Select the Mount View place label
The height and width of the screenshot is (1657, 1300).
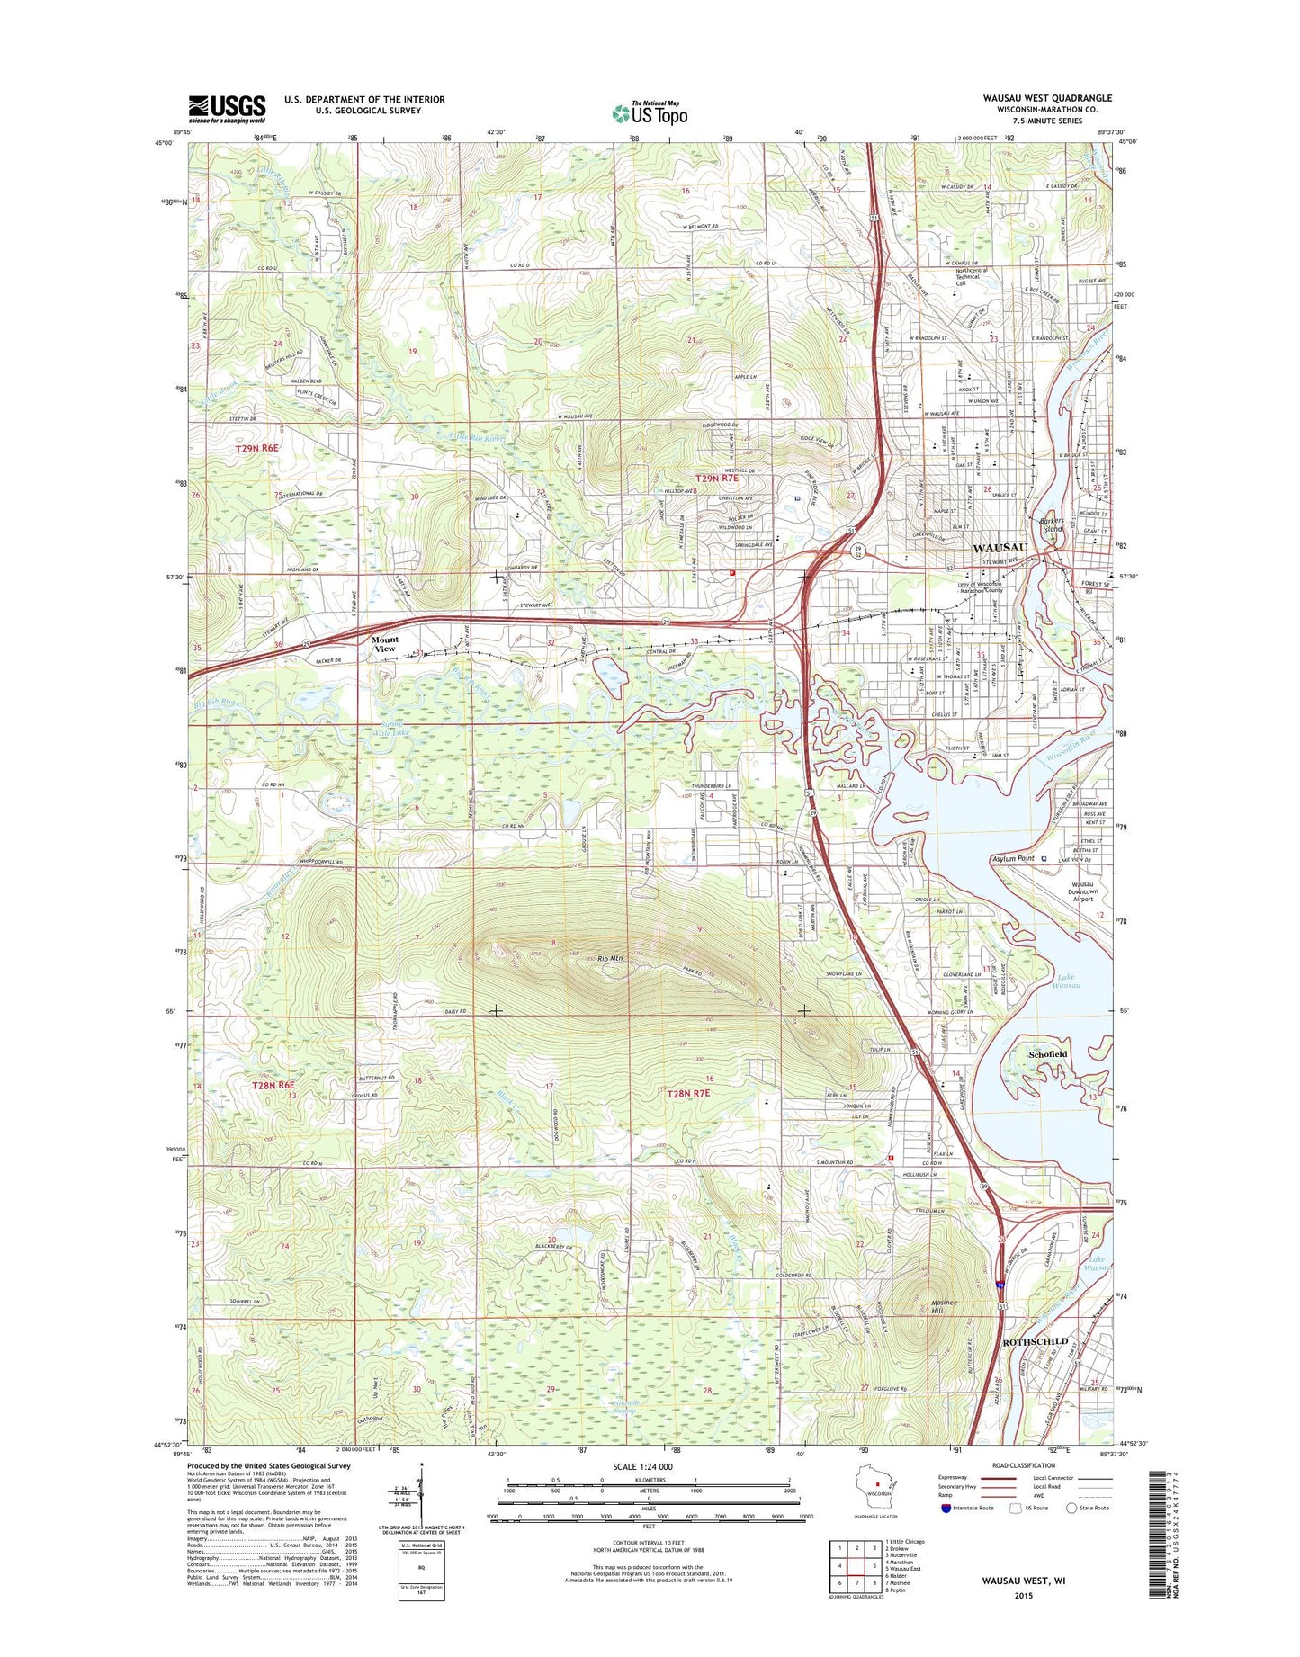tap(384, 644)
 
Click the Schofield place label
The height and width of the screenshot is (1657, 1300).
tap(1048, 1053)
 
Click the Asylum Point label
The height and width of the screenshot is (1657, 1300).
tap(1013, 859)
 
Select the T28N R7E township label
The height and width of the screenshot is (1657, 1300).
tap(688, 1093)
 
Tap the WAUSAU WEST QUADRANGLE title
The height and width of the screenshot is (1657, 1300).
tap(1047, 98)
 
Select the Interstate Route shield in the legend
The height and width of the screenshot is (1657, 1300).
tap(946, 1509)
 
